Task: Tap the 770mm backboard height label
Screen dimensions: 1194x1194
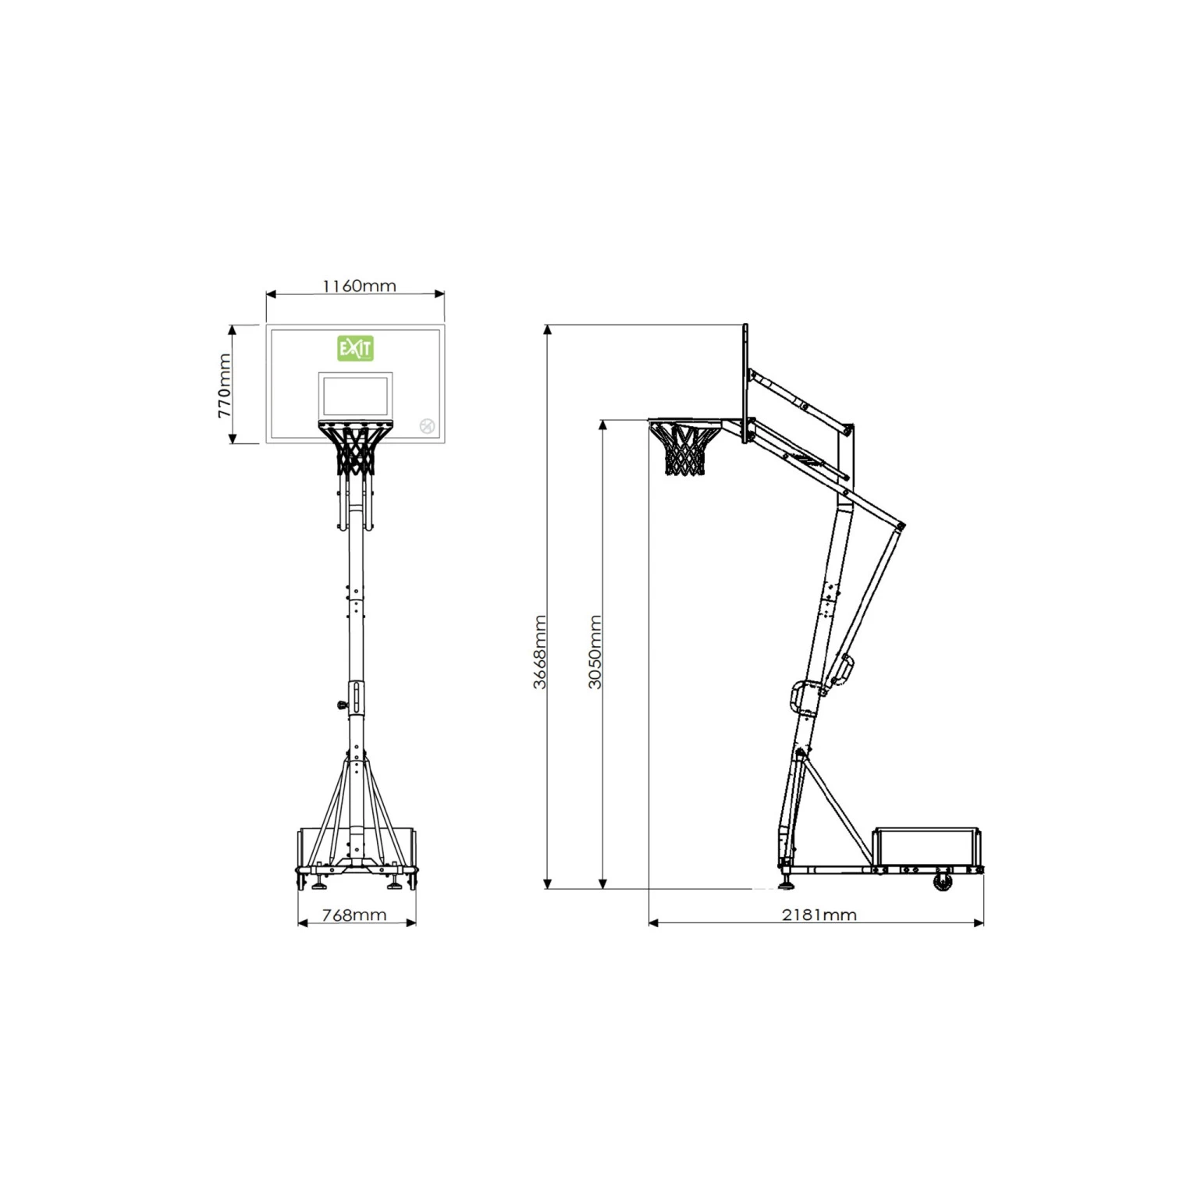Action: [x=225, y=386]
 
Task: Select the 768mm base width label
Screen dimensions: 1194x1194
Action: [x=354, y=915]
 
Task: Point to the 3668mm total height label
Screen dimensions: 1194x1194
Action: [x=539, y=652]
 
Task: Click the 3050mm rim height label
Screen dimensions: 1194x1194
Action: [x=595, y=652]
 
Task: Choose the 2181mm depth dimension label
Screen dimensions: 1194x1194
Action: [x=819, y=915]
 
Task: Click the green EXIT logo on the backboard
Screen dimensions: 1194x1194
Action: [x=355, y=348]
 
